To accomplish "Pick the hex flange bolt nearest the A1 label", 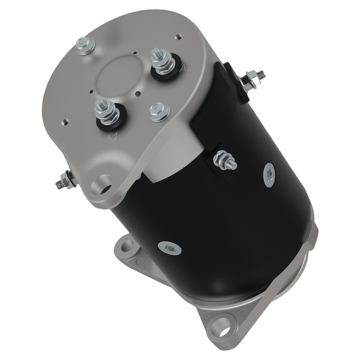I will pos(158,110).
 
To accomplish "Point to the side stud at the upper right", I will pos(255,78).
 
